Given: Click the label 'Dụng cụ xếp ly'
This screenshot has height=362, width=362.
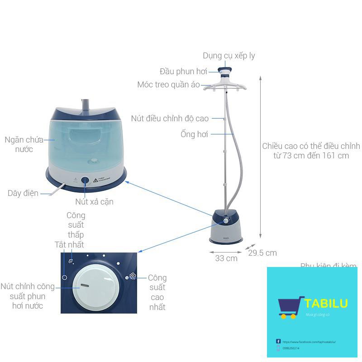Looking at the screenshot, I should [229, 56].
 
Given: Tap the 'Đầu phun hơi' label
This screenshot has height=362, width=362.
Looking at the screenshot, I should [183, 71].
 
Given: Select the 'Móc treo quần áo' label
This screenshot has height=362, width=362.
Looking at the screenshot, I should [168, 85].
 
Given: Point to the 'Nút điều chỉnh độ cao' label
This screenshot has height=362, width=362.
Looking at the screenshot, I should [170, 119].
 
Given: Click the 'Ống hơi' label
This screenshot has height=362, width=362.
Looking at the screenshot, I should [194, 134].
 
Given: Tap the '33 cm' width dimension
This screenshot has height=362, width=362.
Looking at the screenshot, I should [226, 258].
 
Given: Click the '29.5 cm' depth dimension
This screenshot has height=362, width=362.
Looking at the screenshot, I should [262, 253].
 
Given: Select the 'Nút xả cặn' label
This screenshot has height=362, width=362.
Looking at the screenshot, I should [94, 202].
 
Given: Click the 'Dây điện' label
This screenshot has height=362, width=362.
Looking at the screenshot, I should [23, 193].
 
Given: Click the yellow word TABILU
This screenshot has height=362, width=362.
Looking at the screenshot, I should [326, 303].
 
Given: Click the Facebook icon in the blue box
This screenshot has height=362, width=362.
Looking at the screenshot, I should [278, 341].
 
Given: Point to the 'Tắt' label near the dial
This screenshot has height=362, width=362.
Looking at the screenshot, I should [60, 245].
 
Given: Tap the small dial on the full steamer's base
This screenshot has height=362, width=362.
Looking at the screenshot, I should [225, 221].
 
